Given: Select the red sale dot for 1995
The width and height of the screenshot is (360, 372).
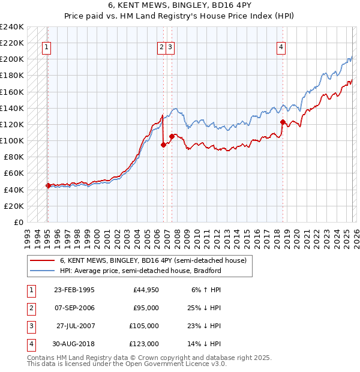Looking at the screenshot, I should pos(48,185).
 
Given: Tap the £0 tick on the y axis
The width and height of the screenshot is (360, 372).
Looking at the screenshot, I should pos(19,222).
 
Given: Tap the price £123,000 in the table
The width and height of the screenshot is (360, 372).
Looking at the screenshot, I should pos(144,344).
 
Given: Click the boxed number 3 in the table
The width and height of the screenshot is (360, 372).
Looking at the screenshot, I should pos(29,326).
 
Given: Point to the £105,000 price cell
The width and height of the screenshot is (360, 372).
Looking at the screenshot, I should pos(144,326).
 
